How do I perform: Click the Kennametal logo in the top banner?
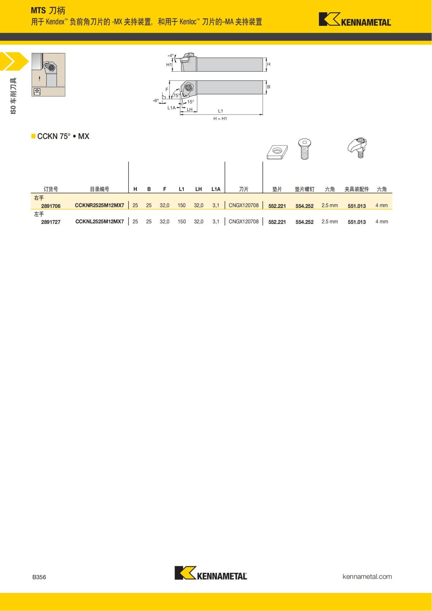click(355, 20)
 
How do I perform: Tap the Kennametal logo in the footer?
click(211, 573)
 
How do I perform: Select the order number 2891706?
click(51, 206)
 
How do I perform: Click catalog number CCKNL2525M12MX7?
click(99, 221)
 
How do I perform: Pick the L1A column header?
click(216, 189)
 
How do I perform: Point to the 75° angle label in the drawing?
click(176, 95)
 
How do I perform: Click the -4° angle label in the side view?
click(171, 55)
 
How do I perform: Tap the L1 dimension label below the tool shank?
click(221, 111)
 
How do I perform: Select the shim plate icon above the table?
click(277, 152)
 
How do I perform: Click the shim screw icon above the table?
click(305, 149)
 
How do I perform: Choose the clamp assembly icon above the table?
click(357, 147)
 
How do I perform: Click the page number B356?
click(39, 577)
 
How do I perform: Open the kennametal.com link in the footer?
click(367, 576)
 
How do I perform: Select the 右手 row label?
click(39, 198)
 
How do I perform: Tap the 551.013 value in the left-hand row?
click(356, 222)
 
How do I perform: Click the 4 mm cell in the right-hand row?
click(382, 205)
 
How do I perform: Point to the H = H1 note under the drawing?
click(220, 118)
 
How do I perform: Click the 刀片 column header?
click(244, 189)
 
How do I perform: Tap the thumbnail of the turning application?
click(48, 75)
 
